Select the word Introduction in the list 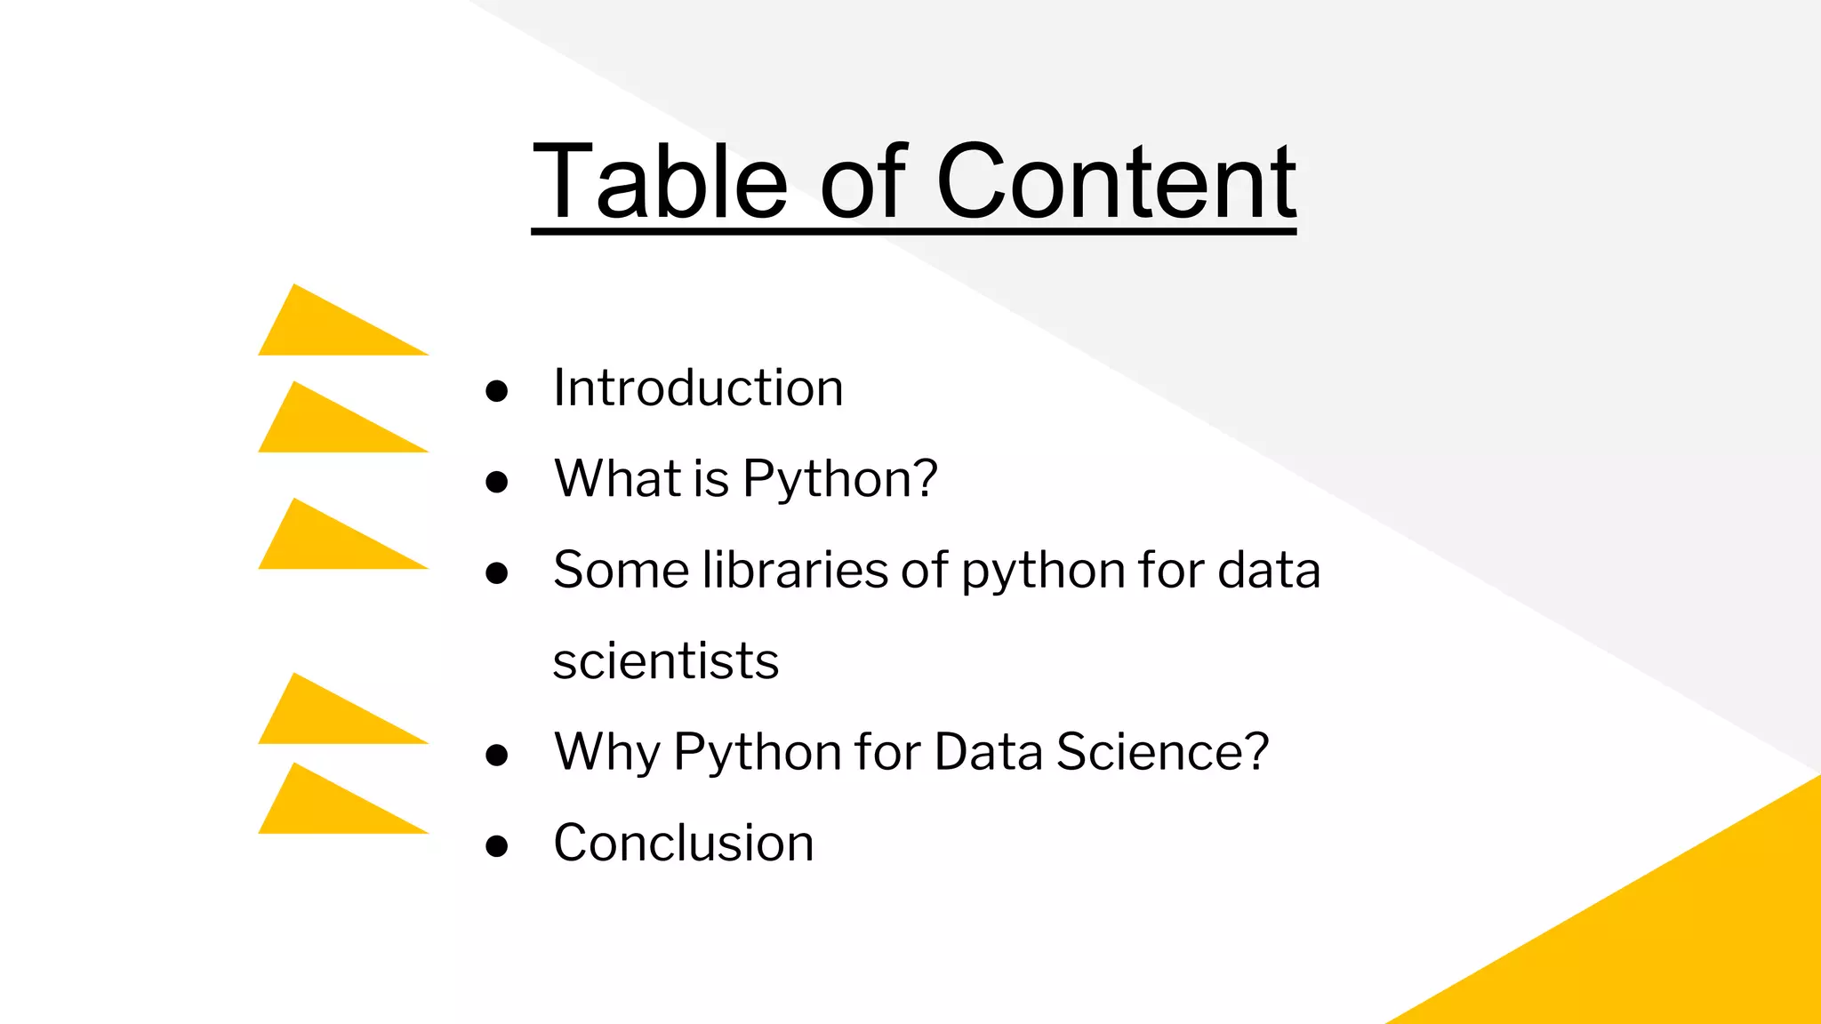point(698,388)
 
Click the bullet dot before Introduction point(497,391)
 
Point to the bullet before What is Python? point(497,483)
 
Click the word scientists point(666,661)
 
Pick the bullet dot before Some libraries point(497,573)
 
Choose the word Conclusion point(684,843)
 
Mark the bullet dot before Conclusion point(497,846)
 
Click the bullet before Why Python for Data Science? point(497,756)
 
